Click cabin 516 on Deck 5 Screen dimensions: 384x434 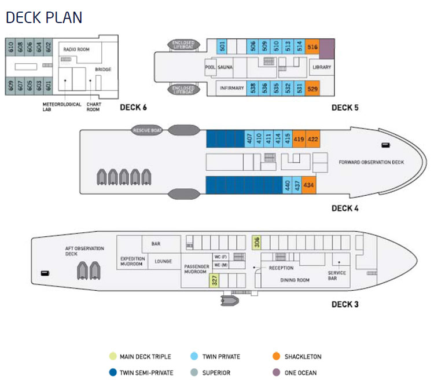[x=312, y=47]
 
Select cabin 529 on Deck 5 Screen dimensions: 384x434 [x=312, y=89]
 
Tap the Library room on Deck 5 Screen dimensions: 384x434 [x=321, y=67]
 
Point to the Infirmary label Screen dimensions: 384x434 [x=231, y=88]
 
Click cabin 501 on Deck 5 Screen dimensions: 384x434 [x=222, y=47]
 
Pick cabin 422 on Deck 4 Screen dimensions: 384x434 [x=312, y=139]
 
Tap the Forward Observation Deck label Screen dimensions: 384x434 [x=371, y=162]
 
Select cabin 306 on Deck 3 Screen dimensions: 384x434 [x=257, y=242]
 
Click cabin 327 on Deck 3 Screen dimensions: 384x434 [x=214, y=281]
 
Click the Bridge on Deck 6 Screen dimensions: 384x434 [x=103, y=70]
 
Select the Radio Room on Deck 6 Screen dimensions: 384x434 [x=75, y=50]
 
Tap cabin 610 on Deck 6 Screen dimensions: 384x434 [x=11, y=47]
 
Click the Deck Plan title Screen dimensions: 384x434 [x=43, y=18]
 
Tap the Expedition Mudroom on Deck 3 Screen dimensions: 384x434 [x=132, y=261]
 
